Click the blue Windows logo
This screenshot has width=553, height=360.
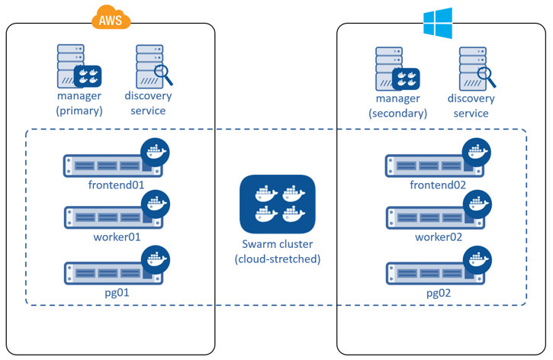(x=438, y=23)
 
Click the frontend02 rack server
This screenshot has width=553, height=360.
(x=427, y=166)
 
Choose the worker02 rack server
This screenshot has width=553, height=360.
(x=427, y=217)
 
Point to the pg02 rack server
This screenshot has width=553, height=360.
(x=427, y=272)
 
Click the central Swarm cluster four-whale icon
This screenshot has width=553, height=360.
(x=278, y=204)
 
